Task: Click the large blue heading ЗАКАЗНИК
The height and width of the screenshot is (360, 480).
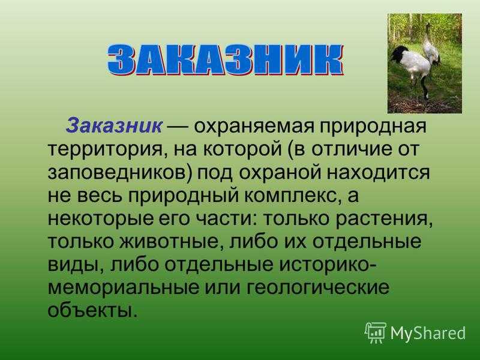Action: click(x=226, y=59)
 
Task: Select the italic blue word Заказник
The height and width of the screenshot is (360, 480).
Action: click(x=114, y=126)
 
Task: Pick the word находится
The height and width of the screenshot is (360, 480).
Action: click(x=378, y=173)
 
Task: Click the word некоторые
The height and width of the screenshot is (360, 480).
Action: click(x=100, y=218)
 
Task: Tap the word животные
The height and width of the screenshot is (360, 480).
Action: click(x=170, y=242)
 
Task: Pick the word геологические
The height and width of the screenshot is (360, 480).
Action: click(x=318, y=288)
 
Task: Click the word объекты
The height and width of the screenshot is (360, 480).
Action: click(x=91, y=310)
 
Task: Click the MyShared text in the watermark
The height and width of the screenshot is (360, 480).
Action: click(x=428, y=333)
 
